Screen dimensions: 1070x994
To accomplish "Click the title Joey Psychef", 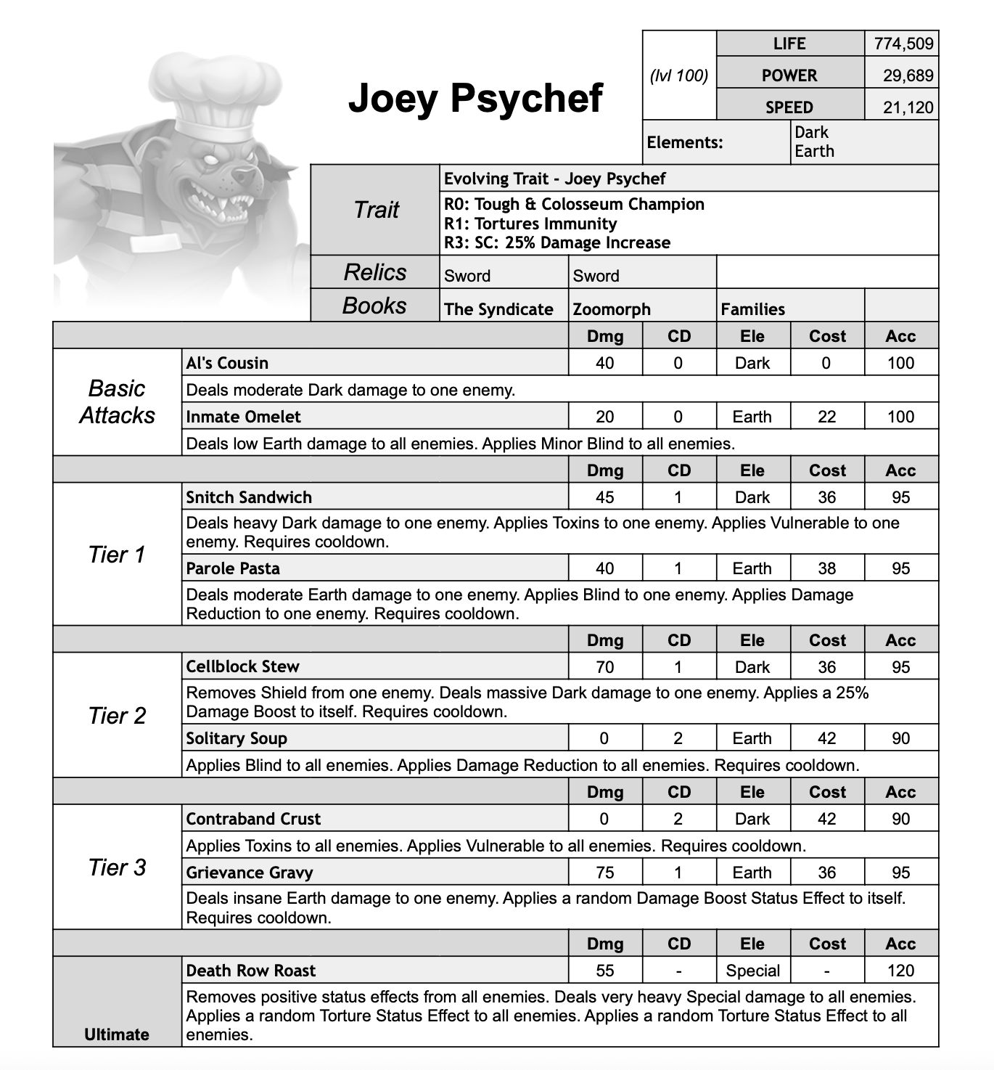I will tap(475, 98).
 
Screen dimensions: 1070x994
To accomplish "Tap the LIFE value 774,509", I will tap(903, 44).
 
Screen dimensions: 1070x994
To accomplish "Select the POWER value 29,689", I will tap(908, 75).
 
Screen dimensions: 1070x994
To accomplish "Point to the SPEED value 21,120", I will tap(908, 107).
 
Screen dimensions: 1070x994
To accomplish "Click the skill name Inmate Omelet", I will tap(243, 417).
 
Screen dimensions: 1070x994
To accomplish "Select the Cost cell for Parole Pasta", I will tap(826, 568).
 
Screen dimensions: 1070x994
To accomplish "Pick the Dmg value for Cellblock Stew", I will tap(604, 666).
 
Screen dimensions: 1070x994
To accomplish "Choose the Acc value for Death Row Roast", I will tap(900, 971).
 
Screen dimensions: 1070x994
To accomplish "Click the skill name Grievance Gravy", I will tap(250, 873).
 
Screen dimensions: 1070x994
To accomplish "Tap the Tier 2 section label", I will tap(117, 716).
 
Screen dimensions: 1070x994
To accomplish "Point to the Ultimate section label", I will tap(117, 1034).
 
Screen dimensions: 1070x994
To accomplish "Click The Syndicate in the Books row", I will tap(498, 309).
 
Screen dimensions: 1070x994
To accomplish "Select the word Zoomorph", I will tap(612, 309).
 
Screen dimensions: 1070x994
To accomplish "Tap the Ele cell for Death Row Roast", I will tap(752, 971).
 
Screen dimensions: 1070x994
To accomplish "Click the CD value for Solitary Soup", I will tap(678, 738).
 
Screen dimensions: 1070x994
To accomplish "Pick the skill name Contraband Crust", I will tap(253, 819).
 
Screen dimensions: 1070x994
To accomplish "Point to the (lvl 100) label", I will tap(679, 75).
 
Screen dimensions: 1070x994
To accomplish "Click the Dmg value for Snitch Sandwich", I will tap(604, 497).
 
